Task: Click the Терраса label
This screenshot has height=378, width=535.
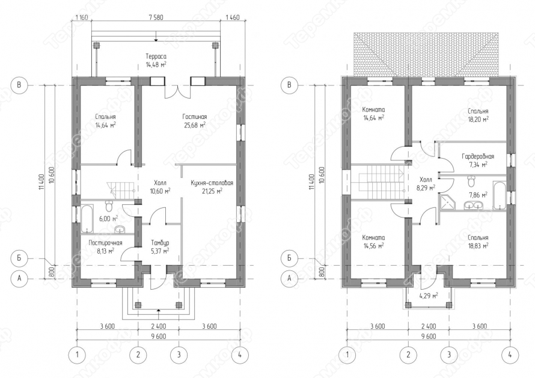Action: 156,56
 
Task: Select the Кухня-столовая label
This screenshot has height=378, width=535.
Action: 212,183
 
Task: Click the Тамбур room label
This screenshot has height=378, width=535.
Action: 160,243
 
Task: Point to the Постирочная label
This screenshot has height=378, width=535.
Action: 105,243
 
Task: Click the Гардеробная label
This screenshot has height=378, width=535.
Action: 478,157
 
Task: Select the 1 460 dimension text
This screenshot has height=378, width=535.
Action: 233,18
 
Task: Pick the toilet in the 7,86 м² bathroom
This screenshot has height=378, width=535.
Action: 471,181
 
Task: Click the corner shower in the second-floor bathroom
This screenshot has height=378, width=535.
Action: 446,202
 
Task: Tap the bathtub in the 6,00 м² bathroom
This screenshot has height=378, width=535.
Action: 87,218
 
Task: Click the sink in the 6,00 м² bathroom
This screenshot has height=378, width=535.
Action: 120,229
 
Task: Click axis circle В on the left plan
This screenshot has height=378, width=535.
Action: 19,85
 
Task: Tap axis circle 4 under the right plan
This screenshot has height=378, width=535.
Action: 510,355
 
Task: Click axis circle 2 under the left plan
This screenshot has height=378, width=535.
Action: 138,355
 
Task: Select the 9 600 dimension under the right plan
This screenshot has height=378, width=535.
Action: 429,336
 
